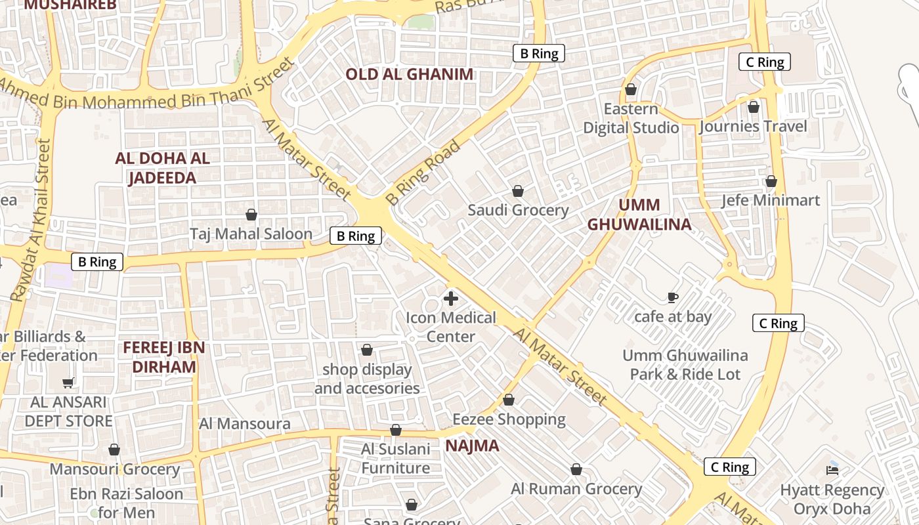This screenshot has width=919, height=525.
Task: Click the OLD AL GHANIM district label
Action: click(409, 74)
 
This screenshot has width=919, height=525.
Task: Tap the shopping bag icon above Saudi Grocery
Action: click(518, 191)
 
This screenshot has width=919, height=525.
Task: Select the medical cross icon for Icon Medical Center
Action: click(451, 299)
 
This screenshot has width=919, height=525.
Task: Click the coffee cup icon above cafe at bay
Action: click(673, 297)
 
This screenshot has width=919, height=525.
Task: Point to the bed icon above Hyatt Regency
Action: click(832, 470)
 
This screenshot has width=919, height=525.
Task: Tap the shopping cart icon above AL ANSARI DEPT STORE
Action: click(68, 383)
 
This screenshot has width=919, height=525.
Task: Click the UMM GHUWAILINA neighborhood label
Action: click(639, 215)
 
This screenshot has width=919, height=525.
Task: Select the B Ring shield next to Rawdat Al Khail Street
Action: click(97, 262)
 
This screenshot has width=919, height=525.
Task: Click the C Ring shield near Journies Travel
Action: click(765, 62)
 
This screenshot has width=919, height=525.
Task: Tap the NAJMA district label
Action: click(472, 446)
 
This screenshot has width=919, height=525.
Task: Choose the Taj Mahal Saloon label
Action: click(251, 234)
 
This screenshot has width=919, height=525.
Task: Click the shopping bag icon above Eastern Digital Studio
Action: click(631, 89)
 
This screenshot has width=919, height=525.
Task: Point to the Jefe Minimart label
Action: click(771, 199)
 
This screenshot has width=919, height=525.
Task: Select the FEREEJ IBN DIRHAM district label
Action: click(163, 357)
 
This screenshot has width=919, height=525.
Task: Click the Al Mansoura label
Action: click(245, 423)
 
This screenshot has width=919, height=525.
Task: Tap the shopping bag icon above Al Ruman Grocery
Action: click(576, 469)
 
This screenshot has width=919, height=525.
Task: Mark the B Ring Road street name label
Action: click(423, 173)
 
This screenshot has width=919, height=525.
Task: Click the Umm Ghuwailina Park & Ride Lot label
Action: click(685, 365)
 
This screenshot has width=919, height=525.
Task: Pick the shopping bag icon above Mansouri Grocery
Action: click(114, 450)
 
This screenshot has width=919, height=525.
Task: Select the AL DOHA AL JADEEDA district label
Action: click(162, 168)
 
